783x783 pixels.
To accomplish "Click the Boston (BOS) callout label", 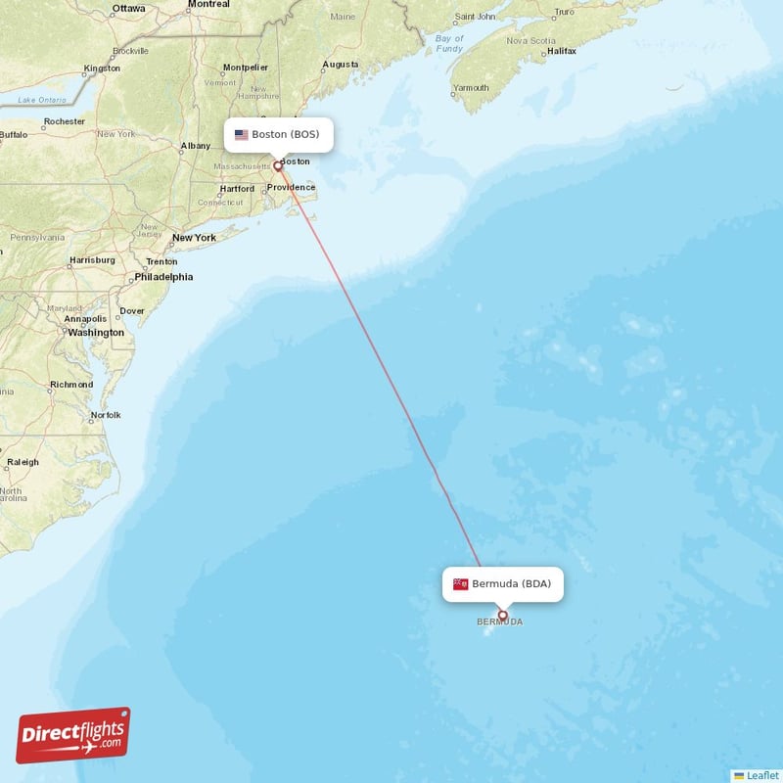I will (279, 135).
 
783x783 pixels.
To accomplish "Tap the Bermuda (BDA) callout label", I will (503, 584).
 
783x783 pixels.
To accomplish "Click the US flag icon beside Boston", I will (242, 135).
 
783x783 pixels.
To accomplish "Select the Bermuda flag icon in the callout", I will (460, 584).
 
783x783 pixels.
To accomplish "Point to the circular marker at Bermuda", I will (503, 616).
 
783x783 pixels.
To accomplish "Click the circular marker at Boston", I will (278, 166).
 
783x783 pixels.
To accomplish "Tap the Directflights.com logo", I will (73, 736).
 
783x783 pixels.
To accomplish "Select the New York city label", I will (194, 238).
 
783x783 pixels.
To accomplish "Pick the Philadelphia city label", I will (163, 277).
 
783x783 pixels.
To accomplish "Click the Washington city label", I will (96, 333).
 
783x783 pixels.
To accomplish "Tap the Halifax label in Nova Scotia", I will (562, 50).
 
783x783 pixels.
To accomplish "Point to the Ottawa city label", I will (128, 8).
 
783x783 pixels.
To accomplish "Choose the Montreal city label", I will (208, 4).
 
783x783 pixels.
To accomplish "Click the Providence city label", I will (292, 187).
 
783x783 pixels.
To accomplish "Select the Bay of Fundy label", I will (448, 43).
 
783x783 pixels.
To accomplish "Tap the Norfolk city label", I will (106, 415).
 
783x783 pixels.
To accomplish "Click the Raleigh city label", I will (23, 462).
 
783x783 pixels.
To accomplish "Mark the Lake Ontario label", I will (40, 100).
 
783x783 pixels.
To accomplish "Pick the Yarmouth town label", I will (471, 88).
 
